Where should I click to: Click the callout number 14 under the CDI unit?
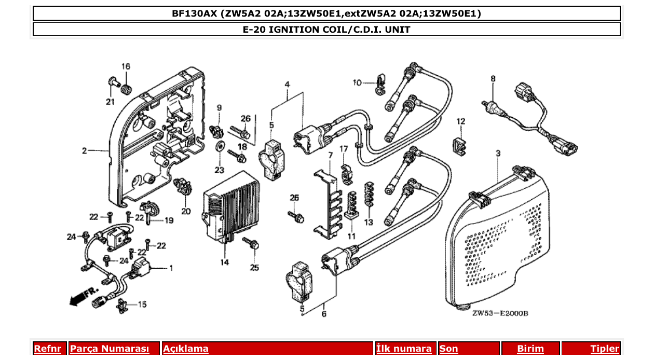tap(224, 262)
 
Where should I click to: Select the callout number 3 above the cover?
tap(498, 154)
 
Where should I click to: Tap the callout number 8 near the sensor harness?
tap(493, 79)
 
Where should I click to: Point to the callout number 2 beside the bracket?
tap(84, 151)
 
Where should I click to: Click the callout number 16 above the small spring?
tap(126, 66)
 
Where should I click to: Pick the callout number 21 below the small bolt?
tap(110, 102)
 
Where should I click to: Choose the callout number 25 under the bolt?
tap(254, 268)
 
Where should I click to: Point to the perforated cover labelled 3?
tap(498, 244)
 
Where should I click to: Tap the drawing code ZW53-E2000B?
tap(500, 313)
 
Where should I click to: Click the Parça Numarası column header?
tap(109, 349)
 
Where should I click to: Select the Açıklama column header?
tap(186, 349)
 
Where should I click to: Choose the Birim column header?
tap(530, 349)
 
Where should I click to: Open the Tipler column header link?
tap(605, 349)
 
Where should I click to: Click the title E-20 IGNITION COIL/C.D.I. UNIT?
tap(326, 30)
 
